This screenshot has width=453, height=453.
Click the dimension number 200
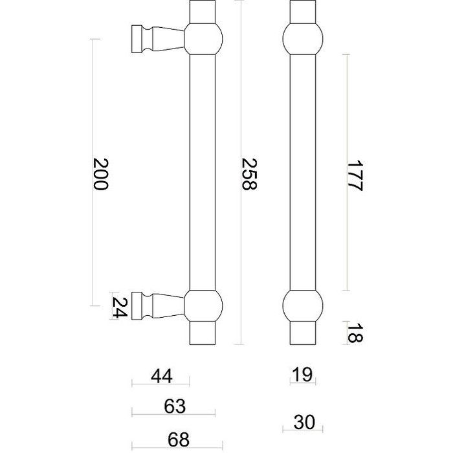coord(99,174)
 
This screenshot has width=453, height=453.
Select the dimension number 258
coord(249,174)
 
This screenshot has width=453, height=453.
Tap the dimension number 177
coord(355,174)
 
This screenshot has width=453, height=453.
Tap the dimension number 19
coord(302,374)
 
